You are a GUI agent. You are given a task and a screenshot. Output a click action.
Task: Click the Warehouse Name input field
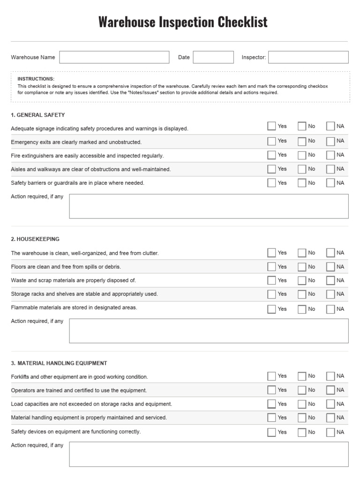pyautogui.click(x=114, y=57)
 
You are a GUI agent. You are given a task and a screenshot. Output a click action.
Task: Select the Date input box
pyautogui.click(x=213, y=57)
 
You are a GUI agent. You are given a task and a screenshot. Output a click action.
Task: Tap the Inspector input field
pyautogui.click(x=308, y=57)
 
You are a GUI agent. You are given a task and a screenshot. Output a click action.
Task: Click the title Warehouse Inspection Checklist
pyautogui.click(x=183, y=22)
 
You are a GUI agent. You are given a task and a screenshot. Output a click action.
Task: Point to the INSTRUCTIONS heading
pyautogui.click(x=36, y=79)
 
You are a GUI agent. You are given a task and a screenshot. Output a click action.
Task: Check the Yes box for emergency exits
pyautogui.click(x=271, y=141)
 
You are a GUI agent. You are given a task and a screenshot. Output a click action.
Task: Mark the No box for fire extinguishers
pyautogui.click(x=302, y=155)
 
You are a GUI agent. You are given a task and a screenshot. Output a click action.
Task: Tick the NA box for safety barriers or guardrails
pyautogui.click(x=330, y=183)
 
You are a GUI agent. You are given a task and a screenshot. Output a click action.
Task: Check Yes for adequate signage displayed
pyautogui.click(x=271, y=126)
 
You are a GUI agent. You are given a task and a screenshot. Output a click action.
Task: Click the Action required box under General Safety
pyautogui.click(x=209, y=206)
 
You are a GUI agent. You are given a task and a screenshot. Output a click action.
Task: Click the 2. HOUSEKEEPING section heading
pyautogui.click(x=35, y=239)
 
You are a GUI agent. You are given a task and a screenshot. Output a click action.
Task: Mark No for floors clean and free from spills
pyautogui.click(x=302, y=267)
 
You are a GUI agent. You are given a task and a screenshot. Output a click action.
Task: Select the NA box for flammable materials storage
pyautogui.click(x=330, y=309)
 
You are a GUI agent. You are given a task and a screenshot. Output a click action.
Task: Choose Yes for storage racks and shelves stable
pyautogui.click(x=271, y=294)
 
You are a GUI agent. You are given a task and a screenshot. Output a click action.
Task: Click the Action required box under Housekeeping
pyautogui.click(x=209, y=331)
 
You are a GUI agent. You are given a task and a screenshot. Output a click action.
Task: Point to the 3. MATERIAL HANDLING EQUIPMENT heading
pyautogui.click(x=59, y=363)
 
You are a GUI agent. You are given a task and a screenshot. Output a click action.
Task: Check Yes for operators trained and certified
pyautogui.click(x=271, y=390)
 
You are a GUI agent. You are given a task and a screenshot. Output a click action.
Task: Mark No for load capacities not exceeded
pyautogui.click(x=302, y=404)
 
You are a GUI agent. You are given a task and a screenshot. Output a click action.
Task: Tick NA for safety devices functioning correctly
pyautogui.click(x=330, y=432)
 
